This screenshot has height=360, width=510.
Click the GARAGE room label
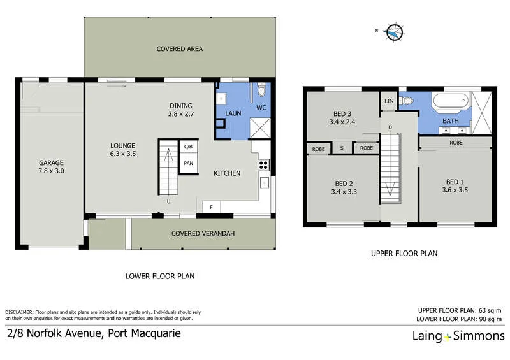click(51, 162)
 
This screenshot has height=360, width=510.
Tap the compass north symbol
click(395, 31)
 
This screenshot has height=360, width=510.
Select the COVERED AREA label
click(180, 48)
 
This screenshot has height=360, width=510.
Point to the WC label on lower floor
click(261, 108)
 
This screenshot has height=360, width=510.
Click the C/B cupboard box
click(188, 147)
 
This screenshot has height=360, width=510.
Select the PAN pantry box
click(188, 163)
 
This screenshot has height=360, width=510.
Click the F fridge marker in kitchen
click(211, 206)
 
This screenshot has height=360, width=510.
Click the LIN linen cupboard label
click(389, 101)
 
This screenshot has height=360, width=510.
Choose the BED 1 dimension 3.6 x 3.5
click(455, 189)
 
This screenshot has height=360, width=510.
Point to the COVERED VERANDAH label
click(203, 234)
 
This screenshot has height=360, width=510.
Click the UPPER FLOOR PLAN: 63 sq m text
click(459, 310)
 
